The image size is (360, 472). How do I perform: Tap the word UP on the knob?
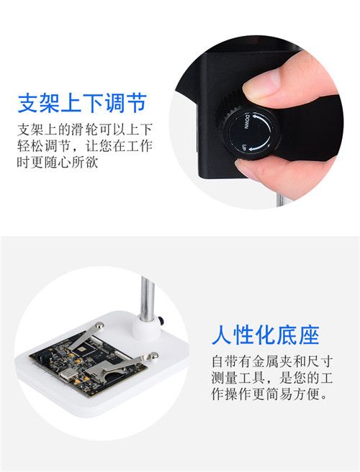pyautogui.click(x=246, y=147)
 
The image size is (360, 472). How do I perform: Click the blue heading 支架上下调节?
pyautogui.click(x=82, y=103)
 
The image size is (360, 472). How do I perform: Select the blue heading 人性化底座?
pyautogui.click(x=265, y=335)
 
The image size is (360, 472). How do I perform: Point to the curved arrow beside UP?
pyautogui.click(x=258, y=147)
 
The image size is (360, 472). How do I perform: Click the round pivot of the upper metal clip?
pyautogui.click(x=99, y=325)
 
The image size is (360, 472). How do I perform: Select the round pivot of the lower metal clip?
pyautogui.click(x=153, y=355)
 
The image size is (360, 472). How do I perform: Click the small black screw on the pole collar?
pyautogui.click(x=163, y=321)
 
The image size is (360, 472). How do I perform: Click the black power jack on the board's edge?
pyautogui.click(x=42, y=358)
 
